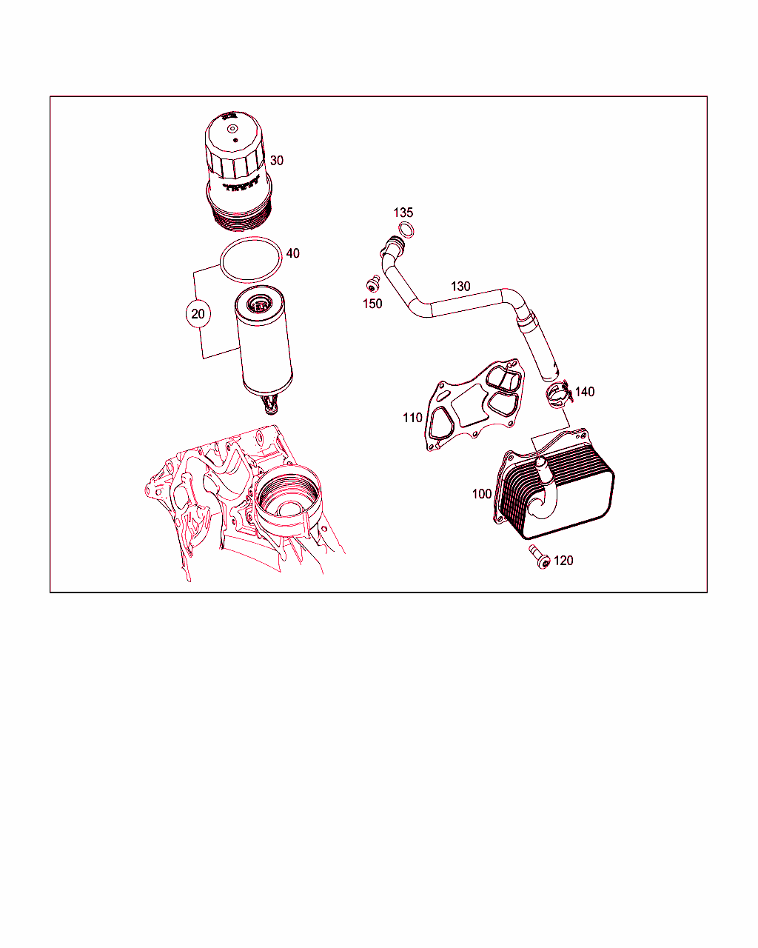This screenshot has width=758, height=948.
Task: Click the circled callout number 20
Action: click(x=198, y=313)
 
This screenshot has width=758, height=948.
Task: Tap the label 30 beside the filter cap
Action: click(x=277, y=161)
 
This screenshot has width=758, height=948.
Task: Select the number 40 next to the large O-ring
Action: click(x=293, y=253)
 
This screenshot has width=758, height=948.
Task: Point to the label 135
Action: click(x=403, y=213)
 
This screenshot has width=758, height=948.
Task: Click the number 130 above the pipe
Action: click(x=460, y=287)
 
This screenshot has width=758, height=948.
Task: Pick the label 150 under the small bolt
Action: click(x=372, y=304)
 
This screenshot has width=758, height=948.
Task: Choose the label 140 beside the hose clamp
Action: click(x=585, y=392)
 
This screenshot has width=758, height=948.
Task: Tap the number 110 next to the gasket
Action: click(x=412, y=418)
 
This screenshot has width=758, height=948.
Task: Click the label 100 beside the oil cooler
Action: click(x=481, y=494)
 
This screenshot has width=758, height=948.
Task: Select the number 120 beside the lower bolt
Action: click(x=563, y=561)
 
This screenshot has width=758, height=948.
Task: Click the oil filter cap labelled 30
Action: click(x=237, y=171)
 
